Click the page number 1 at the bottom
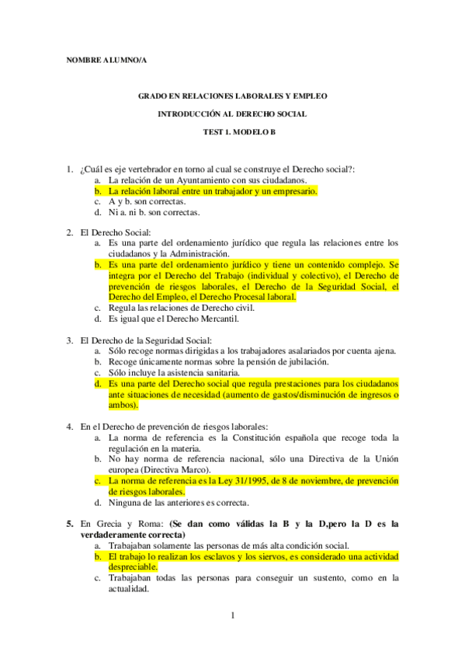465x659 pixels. pos(232,616)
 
